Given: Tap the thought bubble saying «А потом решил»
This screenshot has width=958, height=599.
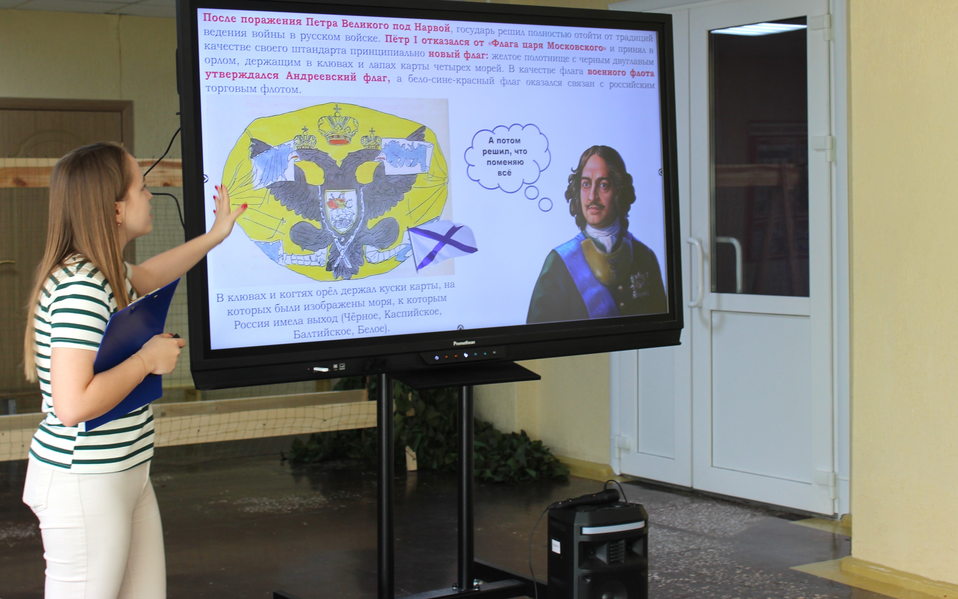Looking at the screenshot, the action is click(507, 158).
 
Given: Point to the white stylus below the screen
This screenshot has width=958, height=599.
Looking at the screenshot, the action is click(321, 369).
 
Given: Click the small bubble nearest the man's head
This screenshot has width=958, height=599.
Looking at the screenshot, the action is click(545, 204).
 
